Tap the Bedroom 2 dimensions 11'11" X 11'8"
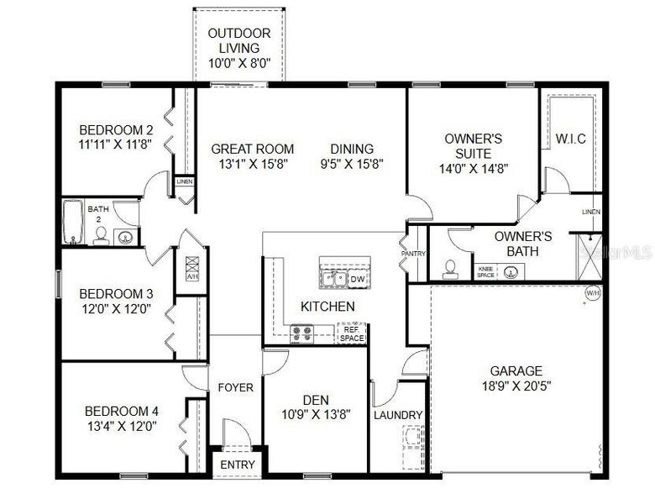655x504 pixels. click(x=116, y=144)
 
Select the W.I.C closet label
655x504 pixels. click(x=570, y=138)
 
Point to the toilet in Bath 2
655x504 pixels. click(x=99, y=234)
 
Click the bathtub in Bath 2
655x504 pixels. click(x=72, y=223)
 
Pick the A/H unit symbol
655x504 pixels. click(x=191, y=268)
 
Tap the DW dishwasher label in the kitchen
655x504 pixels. click(x=356, y=279)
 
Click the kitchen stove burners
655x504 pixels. click(x=301, y=333)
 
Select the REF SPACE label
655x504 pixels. click(x=352, y=333)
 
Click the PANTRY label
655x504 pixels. click(x=413, y=254)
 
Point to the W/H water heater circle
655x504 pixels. click(x=593, y=293)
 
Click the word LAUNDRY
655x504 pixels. click(x=397, y=415)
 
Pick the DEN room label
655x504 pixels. click(x=315, y=399)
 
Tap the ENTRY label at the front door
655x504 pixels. click(x=237, y=465)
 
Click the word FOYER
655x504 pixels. click(x=236, y=388)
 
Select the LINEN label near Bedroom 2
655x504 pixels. click(x=184, y=181)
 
